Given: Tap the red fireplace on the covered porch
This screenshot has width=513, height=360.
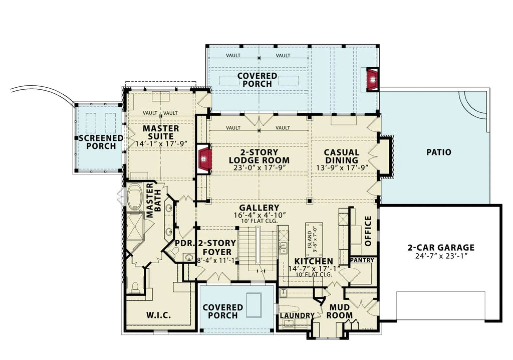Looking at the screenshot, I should (372, 79).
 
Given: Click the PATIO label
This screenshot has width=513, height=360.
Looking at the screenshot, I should (438, 152).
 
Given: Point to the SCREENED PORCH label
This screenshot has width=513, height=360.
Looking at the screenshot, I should (101, 142).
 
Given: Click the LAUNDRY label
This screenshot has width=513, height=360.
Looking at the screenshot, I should (297, 315).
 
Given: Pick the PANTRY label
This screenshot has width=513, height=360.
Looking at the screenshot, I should (362, 261).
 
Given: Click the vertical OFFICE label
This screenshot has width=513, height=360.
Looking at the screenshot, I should (368, 231).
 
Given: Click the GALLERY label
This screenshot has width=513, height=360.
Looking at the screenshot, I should (259, 208).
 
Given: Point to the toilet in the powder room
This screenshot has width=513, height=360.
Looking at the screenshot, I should (189, 258).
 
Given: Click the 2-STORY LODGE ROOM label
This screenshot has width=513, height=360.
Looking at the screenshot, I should (259, 156).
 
